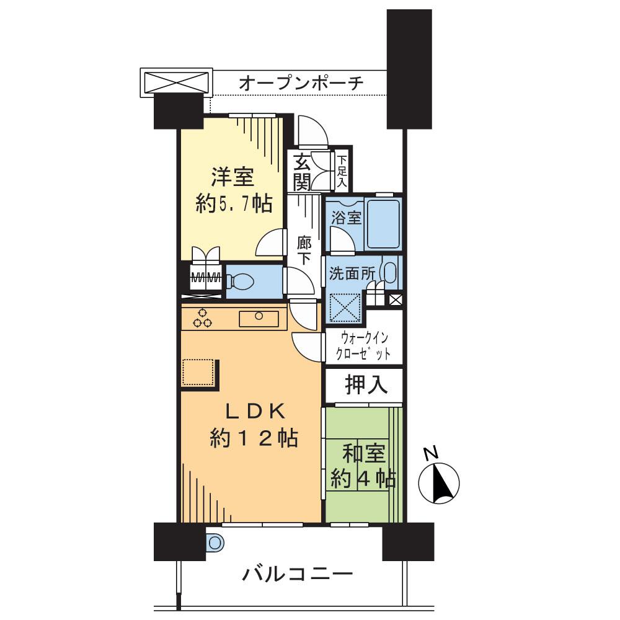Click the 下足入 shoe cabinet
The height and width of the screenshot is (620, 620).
[342, 172]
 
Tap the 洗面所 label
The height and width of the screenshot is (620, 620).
[353, 273]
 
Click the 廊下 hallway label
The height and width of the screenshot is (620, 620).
[304, 251]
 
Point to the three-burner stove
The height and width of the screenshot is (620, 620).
[202, 317]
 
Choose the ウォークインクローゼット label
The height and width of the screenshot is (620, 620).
[365, 347]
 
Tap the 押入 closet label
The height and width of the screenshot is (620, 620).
[366, 385]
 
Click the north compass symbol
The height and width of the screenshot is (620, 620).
[440, 481]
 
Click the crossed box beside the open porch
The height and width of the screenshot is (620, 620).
[176, 81]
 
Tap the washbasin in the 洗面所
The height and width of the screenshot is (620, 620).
[389, 273]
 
